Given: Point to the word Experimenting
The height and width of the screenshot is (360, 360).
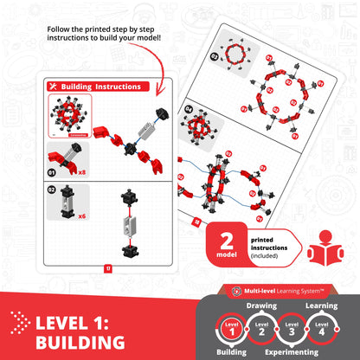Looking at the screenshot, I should pos(298,352).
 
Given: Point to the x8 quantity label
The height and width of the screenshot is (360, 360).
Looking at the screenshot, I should pos(82,172).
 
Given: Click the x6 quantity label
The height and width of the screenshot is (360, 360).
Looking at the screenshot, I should pos(82,215).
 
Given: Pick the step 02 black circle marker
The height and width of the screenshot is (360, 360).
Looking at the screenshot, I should pos(53,189).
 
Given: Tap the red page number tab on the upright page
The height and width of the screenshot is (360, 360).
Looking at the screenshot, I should pos(106,267).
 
